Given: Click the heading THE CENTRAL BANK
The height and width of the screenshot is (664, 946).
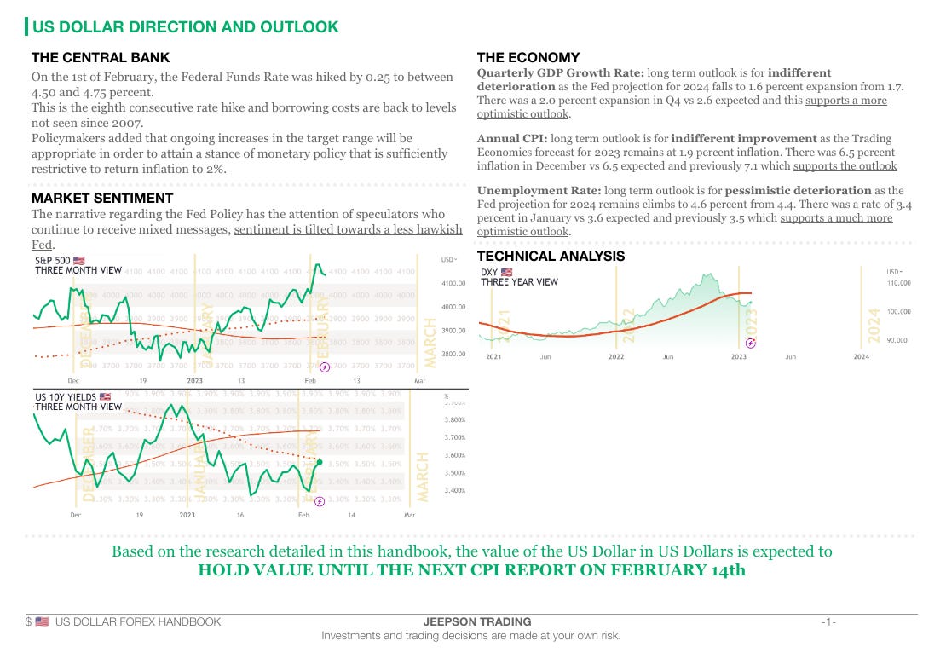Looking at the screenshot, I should (101, 58).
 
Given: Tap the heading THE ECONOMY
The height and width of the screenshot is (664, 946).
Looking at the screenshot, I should (528, 58).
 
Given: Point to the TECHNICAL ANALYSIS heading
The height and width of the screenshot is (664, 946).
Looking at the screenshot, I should (551, 256).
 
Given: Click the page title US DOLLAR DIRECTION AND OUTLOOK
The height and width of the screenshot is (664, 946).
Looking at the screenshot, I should (185, 26).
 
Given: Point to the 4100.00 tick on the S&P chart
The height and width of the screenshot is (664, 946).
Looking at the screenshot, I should (453, 283).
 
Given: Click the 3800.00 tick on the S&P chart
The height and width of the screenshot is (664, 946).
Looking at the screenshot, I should (453, 354).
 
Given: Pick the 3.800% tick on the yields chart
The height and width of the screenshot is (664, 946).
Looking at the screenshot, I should (454, 419).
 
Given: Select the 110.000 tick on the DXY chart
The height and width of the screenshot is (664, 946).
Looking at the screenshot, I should (899, 283).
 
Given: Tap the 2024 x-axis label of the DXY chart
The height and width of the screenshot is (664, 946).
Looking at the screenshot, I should (862, 357).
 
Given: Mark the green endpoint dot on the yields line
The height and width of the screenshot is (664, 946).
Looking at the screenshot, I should (320, 461).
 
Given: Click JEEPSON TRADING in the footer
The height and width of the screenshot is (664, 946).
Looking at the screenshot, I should (471, 621).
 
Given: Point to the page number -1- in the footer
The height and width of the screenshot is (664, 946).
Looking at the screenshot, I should (828, 621).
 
